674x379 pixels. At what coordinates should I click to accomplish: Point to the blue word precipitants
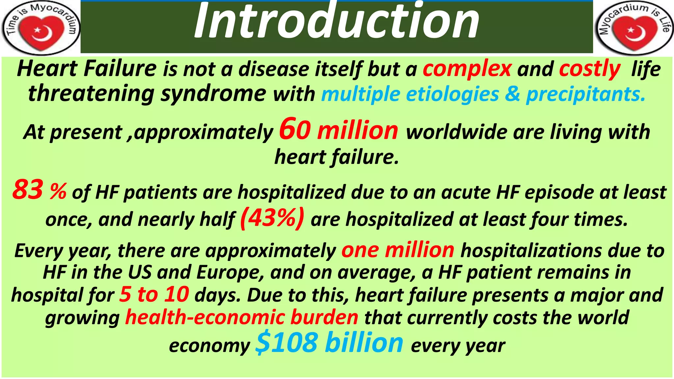(x=585, y=94)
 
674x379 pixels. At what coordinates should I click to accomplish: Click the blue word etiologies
(x=453, y=94)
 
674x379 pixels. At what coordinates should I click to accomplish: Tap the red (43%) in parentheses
(x=272, y=218)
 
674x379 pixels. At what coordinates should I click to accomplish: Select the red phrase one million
(x=398, y=250)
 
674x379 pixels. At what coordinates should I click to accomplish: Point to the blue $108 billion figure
(x=329, y=343)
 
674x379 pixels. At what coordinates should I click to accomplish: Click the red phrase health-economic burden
(x=242, y=317)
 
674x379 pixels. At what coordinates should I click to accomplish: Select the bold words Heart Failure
(x=87, y=69)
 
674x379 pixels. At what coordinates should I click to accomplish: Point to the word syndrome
(x=213, y=94)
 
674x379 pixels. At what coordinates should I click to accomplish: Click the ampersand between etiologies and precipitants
(x=512, y=94)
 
